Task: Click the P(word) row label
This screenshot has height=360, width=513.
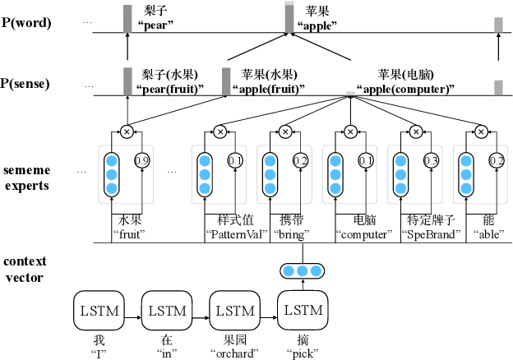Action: tap(29, 22)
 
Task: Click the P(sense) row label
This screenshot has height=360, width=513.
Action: tap(29, 83)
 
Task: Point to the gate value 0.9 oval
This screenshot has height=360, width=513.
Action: tap(141, 160)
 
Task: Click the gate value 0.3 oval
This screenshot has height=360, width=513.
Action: tap(431, 160)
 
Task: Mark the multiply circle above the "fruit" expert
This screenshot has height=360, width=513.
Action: tap(127, 131)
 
